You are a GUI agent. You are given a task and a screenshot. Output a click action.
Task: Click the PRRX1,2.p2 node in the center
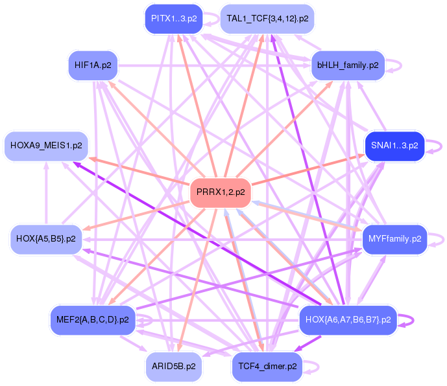click(221, 192)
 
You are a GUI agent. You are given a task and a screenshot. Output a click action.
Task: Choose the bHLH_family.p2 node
click(348, 65)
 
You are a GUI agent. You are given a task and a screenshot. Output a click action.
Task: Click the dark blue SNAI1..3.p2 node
click(394, 145)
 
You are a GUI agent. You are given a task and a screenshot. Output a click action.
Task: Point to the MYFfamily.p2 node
click(394, 238)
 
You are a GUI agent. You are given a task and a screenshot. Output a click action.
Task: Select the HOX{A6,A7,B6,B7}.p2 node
click(347, 319)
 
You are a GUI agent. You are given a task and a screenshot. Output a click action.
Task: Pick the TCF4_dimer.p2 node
click(267, 367)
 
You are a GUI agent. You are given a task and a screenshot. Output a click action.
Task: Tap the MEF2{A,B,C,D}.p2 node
click(92, 319)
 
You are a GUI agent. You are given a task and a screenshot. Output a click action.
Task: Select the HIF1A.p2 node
click(92, 65)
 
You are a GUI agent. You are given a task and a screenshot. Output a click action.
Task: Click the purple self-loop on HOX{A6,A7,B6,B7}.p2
click(407, 319)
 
